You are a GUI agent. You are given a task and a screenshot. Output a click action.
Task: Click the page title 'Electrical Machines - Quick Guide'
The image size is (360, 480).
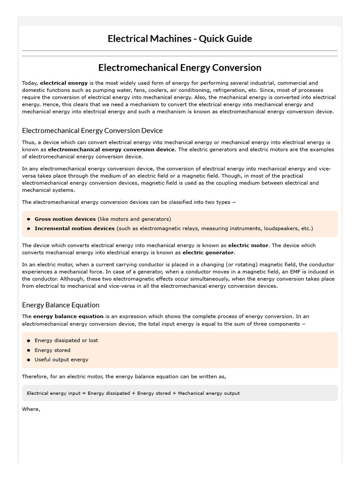(180, 38)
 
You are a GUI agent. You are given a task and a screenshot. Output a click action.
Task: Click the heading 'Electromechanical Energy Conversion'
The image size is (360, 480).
(180, 67)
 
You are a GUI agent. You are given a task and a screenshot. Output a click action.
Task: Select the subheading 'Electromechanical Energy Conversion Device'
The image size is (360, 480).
(92, 130)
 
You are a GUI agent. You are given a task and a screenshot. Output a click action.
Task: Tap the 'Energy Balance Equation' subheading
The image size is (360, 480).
(60, 305)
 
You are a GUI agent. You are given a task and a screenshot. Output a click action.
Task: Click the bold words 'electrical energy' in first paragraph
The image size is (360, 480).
(64, 83)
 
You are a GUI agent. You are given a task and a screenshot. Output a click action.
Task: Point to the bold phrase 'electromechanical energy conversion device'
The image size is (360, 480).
(111, 150)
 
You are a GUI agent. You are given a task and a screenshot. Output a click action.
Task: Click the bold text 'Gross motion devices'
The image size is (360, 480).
(65, 219)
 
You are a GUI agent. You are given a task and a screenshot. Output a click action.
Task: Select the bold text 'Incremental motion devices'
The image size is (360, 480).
(75, 228)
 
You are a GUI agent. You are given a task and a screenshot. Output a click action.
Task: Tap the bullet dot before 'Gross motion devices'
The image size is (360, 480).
(29, 219)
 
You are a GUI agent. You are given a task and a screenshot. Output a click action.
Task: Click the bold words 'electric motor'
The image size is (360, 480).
(248, 245)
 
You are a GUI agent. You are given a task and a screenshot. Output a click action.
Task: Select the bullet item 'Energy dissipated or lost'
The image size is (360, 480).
(66, 340)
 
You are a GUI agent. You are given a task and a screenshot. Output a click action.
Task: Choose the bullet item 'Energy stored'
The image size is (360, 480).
(52, 350)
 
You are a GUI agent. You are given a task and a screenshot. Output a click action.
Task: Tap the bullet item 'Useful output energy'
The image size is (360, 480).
(61, 360)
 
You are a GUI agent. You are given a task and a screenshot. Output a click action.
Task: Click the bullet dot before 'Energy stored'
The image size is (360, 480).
(29, 350)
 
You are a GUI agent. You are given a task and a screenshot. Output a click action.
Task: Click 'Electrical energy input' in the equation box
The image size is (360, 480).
(53, 393)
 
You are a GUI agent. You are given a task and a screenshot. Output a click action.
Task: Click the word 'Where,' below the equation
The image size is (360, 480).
(31, 409)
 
